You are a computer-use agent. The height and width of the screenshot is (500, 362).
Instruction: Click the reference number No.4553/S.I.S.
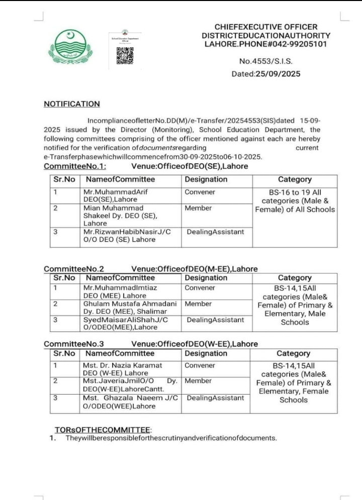coord(266,62)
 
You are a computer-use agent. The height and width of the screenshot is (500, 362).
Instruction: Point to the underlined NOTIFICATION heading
coord(72,104)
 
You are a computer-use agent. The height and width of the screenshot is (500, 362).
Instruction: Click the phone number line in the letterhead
coord(266,44)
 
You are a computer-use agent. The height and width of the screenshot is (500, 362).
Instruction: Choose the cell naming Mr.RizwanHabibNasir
coord(131,235)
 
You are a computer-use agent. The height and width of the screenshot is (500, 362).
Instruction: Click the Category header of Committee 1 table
coord(295,179)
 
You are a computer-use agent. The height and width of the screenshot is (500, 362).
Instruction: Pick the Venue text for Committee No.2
coord(194,269)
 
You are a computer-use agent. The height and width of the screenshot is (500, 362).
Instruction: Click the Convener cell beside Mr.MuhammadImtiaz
coord(200,288)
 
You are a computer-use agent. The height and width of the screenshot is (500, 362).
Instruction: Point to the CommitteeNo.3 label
coord(74,344)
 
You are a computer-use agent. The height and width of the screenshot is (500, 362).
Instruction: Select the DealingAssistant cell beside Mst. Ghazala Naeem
coord(215,398)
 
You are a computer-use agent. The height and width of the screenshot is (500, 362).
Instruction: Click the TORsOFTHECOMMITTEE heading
coord(102,430)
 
